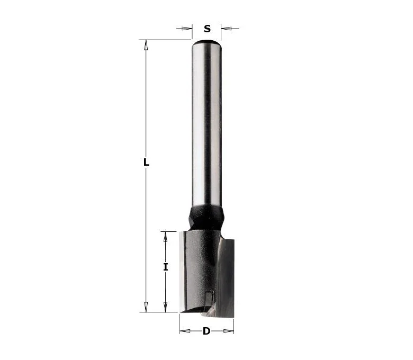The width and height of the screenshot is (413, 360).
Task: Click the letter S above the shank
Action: coord(207,29)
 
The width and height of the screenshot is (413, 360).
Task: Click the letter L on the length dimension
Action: coord(146,162)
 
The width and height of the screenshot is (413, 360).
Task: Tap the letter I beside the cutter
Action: coord(165,267)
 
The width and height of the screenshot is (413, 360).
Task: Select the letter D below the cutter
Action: coord(206,331)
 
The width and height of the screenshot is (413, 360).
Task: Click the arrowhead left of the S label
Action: coord(187,29)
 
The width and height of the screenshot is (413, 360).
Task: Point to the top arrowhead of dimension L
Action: coord(146,45)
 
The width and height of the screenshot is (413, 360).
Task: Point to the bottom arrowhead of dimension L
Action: coord(146,307)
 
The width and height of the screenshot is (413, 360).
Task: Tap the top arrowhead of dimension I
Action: coord(165,237)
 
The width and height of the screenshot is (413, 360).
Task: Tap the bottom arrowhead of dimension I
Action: coord(165,307)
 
